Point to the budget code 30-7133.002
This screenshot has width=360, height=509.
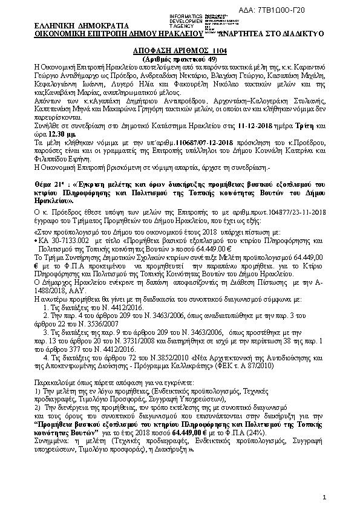point(71,239)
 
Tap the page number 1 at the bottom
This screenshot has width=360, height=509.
point(324,497)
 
